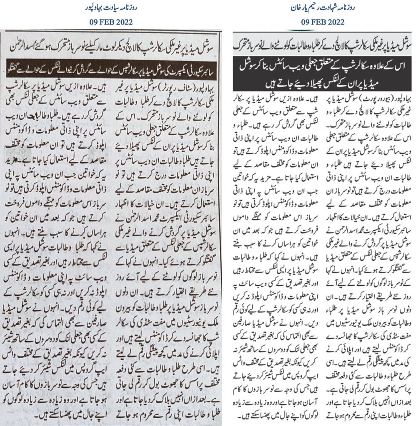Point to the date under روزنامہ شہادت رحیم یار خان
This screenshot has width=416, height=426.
[321, 22]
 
